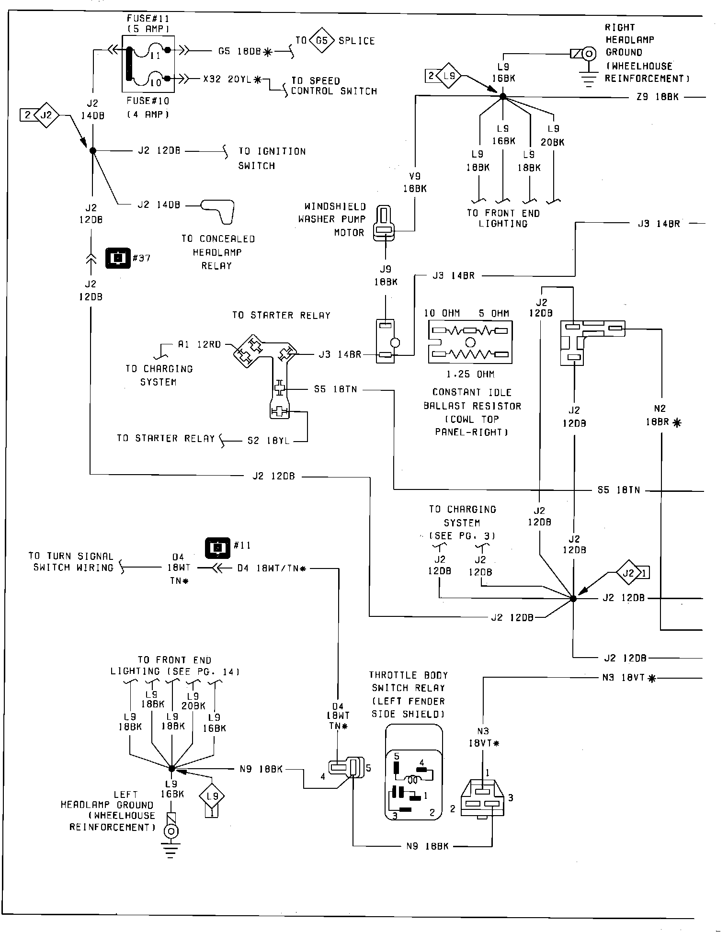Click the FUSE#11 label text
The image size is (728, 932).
(148, 19)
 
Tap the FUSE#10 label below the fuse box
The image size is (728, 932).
(148, 101)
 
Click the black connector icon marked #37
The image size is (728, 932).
(117, 258)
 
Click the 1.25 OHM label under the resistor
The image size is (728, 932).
(470, 374)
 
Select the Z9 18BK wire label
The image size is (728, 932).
(658, 97)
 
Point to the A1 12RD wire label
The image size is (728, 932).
(199, 344)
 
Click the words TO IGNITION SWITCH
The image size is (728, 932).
(272, 158)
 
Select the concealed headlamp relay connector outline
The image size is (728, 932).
(218, 210)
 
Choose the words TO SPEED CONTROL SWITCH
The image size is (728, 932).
(334, 86)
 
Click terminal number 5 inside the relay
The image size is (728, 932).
(397, 756)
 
